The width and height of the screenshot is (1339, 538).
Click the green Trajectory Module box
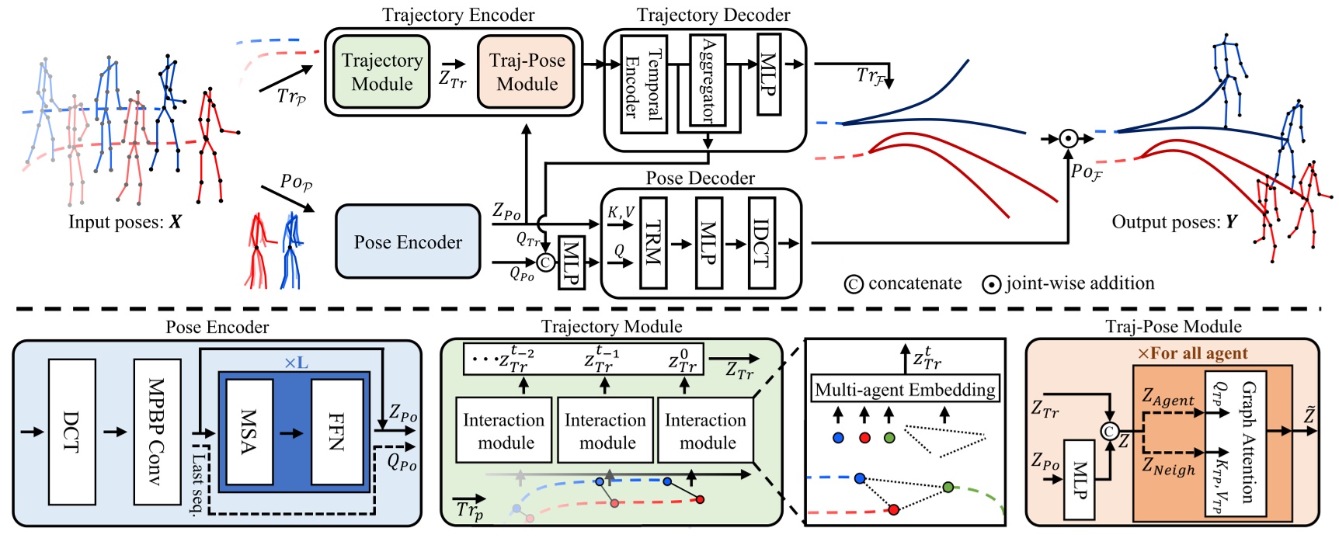(x=381, y=71)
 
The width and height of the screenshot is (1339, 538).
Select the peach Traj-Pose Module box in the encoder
(x=527, y=71)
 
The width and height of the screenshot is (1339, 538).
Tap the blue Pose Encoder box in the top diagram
(x=408, y=241)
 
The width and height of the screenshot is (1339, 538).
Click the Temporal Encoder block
(x=644, y=83)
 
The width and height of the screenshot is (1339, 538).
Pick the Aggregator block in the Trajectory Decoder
(x=708, y=81)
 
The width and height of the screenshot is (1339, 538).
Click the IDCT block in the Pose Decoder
(x=762, y=243)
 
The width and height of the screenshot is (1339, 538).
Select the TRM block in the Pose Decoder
(x=652, y=243)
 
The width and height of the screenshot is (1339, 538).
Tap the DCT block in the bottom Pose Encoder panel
(x=71, y=432)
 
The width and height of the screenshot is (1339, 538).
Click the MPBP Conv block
(x=157, y=432)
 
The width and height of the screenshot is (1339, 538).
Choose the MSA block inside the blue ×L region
(x=249, y=432)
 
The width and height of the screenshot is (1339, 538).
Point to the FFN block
(x=337, y=432)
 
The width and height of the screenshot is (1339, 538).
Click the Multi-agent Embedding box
(x=905, y=389)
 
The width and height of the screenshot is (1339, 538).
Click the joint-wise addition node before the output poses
(x=1069, y=138)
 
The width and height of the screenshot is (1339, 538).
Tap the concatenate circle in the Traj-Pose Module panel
(x=1109, y=432)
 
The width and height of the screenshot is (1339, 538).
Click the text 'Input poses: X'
(x=124, y=222)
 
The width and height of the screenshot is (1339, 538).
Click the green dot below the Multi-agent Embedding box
(x=889, y=438)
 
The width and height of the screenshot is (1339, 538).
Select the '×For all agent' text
(x=1192, y=353)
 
